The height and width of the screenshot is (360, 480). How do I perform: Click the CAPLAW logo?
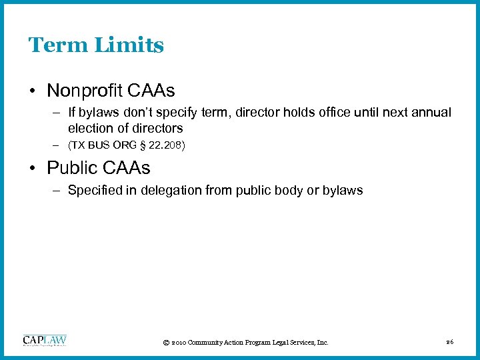[x=45, y=341]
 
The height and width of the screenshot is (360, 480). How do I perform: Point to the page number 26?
[x=450, y=342]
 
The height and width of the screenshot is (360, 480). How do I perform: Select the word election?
[x=91, y=128]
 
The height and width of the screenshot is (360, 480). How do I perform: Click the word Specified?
[x=95, y=191]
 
